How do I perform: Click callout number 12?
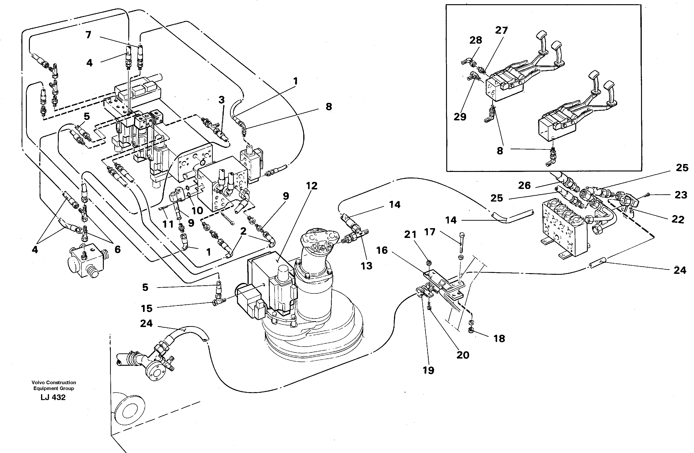click(312, 186)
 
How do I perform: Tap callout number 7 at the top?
click(88, 35)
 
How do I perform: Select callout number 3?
click(222, 100)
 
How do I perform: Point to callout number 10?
click(197, 210)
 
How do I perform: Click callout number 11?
click(168, 224)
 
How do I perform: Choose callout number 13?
click(366, 266)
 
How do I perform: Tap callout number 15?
click(147, 308)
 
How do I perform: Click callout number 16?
click(382, 250)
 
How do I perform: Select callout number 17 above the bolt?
click(429, 232)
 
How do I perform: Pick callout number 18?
click(499, 338)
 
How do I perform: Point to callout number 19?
click(428, 370)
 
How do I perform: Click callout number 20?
click(463, 355)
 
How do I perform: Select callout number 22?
click(678, 219)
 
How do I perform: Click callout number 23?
click(681, 195)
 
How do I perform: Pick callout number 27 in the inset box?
click(501, 30)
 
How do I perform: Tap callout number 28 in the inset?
click(476, 40)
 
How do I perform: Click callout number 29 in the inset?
click(460, 117)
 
